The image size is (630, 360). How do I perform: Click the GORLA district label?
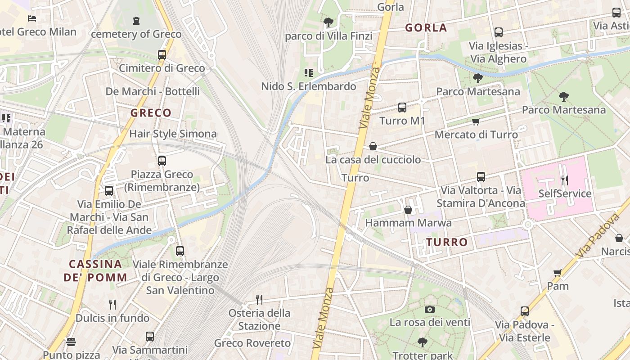point(426,28)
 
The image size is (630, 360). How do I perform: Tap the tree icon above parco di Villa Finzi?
point(328,22)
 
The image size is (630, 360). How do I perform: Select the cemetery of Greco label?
point(136,34)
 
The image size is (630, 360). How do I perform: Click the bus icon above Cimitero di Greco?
point(162,55)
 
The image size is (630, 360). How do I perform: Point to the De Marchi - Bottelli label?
point(153,91)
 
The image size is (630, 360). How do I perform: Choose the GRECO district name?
point(151,113)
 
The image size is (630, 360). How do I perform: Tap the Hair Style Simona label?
point(173,134)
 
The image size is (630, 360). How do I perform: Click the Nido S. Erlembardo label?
point(309,86)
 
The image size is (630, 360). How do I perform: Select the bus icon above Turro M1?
point(402,108)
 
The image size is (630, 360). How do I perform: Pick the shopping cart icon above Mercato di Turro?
point(476,121)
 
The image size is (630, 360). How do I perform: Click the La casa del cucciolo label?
point(373,160)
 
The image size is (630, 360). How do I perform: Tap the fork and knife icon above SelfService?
point(565,180)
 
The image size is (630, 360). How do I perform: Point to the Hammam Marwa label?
point(408,223)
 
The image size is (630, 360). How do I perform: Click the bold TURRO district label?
point(447,242)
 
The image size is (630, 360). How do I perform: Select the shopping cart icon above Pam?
point(558,273)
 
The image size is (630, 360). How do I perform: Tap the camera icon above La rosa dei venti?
point(430,309)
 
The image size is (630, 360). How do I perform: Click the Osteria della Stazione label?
point(259,319)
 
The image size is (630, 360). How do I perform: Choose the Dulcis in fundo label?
point(112,318)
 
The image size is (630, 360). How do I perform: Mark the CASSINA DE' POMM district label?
point(95,270)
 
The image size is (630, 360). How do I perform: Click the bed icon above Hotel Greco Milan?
point(32,18)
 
